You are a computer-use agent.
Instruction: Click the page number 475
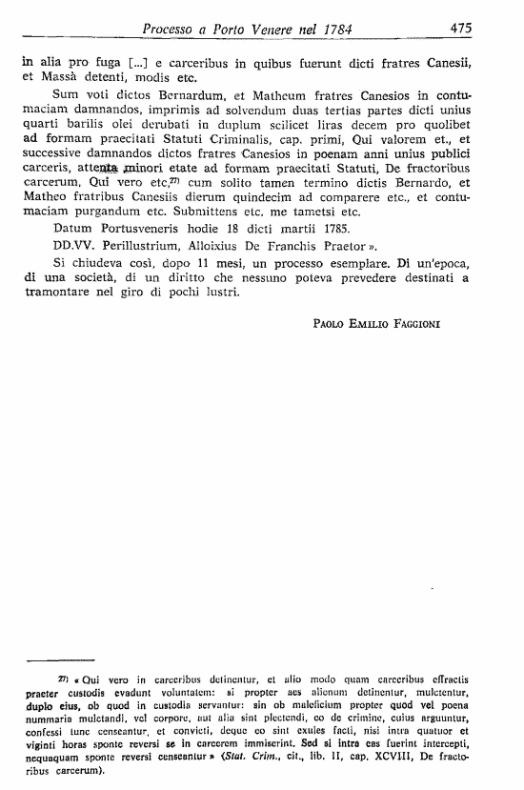coord(461,29)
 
